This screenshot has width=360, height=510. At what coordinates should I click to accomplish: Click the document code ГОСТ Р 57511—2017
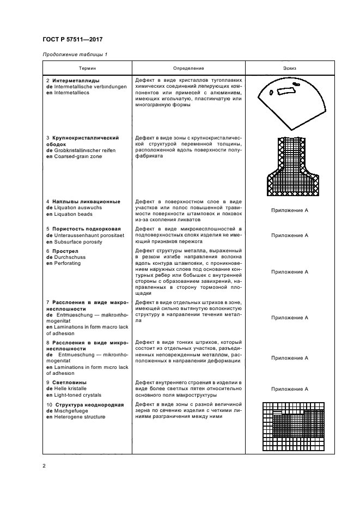[72, 39]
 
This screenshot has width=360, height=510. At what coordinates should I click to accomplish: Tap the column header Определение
[188, 69]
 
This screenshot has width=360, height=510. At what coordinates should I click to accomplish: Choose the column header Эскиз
[290, 69]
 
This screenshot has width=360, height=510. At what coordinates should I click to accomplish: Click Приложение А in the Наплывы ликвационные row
[290, 209]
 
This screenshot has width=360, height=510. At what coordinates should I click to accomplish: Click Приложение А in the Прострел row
[290, 271]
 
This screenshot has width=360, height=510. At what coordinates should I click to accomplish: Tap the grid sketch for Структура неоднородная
[290, 425]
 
